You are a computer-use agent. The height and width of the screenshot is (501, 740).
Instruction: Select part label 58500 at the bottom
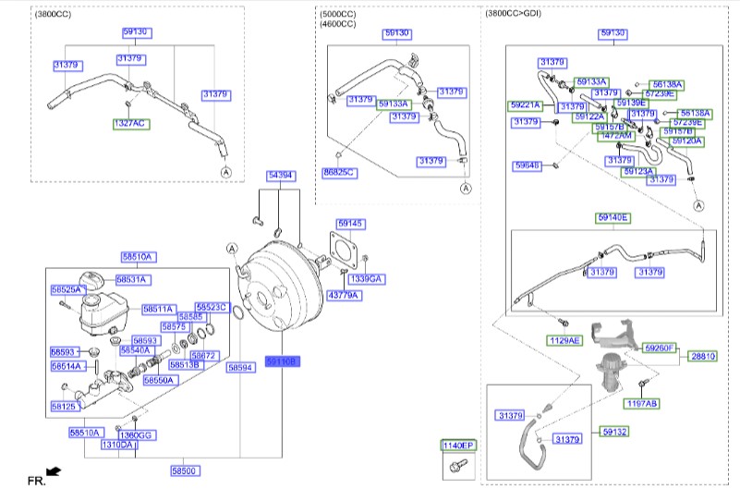coord(184,471)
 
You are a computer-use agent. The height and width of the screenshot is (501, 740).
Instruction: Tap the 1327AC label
coord(129,123)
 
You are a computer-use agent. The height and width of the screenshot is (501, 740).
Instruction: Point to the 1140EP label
coord(457,446)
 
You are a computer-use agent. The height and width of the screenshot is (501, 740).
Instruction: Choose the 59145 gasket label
coord(350,224)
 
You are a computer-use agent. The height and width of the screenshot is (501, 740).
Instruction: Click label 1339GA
coord(366,278)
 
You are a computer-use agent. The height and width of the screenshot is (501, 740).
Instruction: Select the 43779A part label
coord(344,295)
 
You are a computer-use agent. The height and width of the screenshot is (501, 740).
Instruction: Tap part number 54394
coord(282,175)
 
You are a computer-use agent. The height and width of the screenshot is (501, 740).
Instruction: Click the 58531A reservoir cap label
coord(133,279)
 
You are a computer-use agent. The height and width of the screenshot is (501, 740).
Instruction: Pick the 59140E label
coord(613,218)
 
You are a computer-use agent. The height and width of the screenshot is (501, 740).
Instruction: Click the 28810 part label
coord(703,355)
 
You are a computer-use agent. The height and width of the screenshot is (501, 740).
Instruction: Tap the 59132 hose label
coord(615,431)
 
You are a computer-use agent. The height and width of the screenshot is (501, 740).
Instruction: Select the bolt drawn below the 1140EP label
coord(455,469)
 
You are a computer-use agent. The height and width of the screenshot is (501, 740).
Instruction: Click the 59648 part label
coord(527,166)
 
